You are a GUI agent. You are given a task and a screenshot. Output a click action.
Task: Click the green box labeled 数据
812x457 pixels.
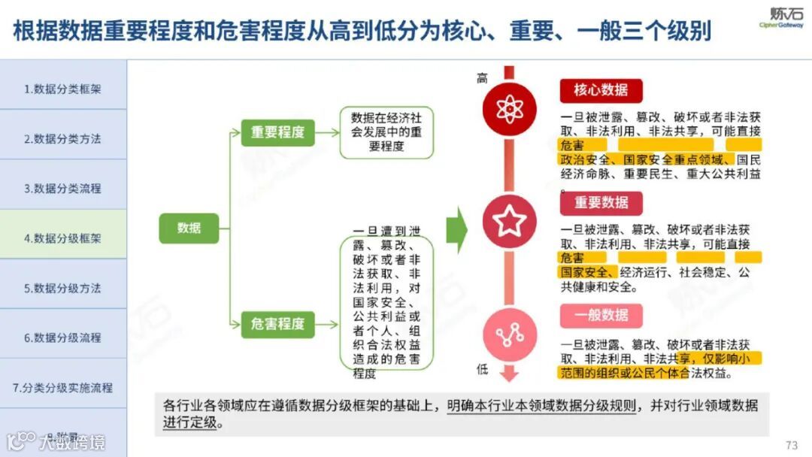pyautogui.click(x=189, y=228)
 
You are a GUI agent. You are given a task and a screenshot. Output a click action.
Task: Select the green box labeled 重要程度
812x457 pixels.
pyautogui.click(x=277, y=132)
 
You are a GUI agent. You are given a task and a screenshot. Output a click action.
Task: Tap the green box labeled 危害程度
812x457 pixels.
pyautogui.click(x=277, y=324)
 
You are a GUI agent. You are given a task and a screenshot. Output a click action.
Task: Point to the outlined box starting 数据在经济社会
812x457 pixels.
pyautogui.click(x=386, y=132)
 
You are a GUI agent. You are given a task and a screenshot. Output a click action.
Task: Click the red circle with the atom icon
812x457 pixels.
pyautogui.click(x=509, y=108)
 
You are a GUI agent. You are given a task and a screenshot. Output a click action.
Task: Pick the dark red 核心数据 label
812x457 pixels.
pyautogui.click(x=601, y=90)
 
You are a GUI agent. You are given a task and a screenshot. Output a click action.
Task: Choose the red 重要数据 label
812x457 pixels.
pyautogui.click(x=601, y=203)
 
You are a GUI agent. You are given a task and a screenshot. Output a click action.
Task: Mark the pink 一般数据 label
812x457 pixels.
pyautogui.click(x=601, y=315)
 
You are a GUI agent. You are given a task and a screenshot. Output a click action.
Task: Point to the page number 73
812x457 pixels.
pyautogui.click(x=791, y=445)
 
